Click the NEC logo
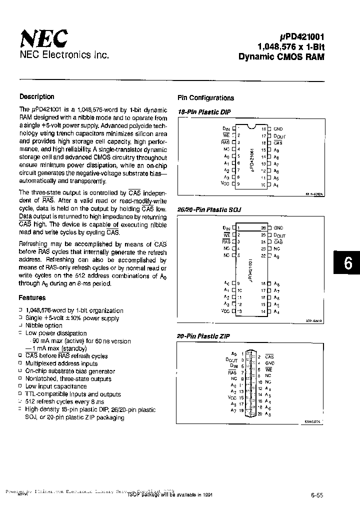click(x=43, y=38)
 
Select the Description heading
click(x=36, y=97)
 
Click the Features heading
click(x=32, y=297)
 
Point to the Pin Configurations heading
click(x=205, y=98)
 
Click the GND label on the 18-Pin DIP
click(x=278, y=128)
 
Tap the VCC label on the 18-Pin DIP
click(x=224, y=184)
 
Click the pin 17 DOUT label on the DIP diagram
click(x=279, y=135)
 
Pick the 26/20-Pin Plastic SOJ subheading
click(x=209, y=210)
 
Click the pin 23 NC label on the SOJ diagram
click(x=277, y=248)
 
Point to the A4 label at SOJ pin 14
click(x=276, y=312)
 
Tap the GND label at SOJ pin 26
click(x=278, y=228)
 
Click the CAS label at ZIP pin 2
click(x=269, y=356)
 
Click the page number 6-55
click(x=316, y=495)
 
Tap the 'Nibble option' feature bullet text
click(x=44, y=325)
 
